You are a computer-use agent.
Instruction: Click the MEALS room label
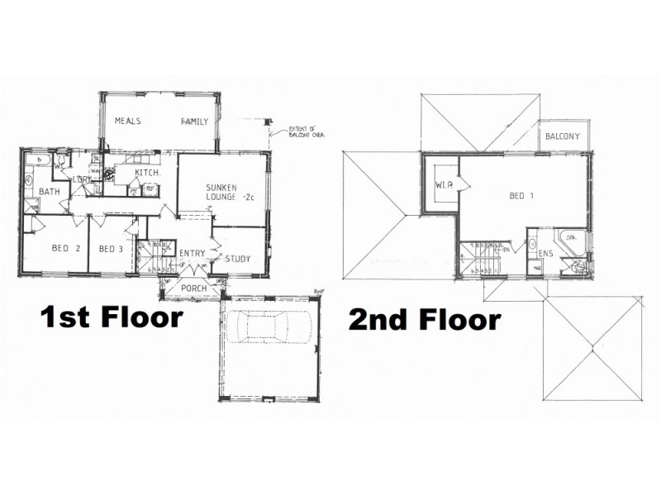[128, 121]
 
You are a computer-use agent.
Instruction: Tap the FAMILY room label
[195, 122]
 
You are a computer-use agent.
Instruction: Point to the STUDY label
[237, 259]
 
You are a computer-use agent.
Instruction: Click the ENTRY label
[192, 253]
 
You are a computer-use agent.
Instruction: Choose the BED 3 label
[110, 249]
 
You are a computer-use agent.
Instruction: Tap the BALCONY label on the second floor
[562, 136]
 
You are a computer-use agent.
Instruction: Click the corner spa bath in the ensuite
[572, 241]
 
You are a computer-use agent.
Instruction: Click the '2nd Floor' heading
[425, 319]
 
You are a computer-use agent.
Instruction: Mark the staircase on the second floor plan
[487, 257]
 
